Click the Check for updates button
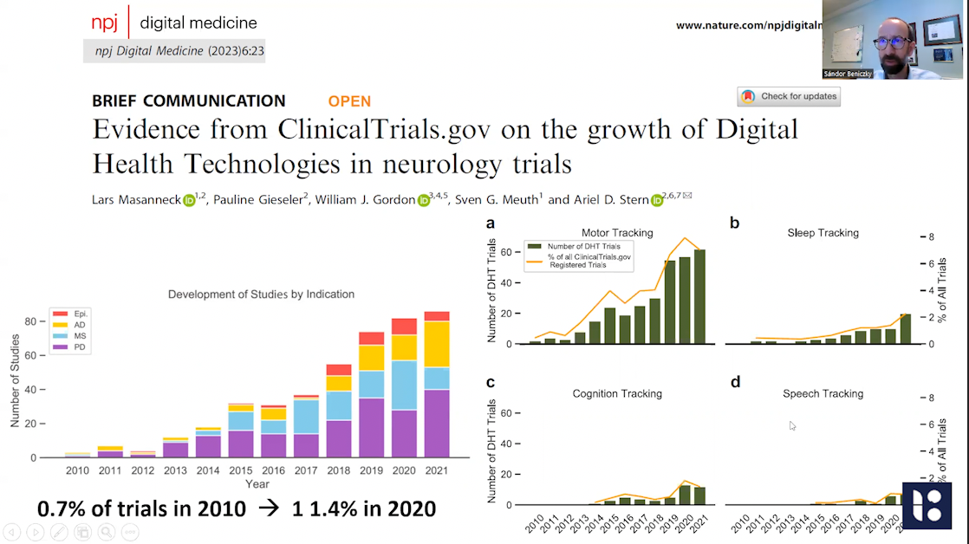point(789,96)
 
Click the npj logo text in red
point(105,23)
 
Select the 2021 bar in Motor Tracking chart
point(699,296)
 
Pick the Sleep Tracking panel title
point(823,233)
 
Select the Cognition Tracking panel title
point(617,394)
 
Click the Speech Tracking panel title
point(823,394)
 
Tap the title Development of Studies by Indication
point(261,295)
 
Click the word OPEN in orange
point(349,101)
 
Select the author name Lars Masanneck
point(135,200)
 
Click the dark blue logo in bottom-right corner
point(927,505)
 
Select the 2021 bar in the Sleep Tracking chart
point(905,329)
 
